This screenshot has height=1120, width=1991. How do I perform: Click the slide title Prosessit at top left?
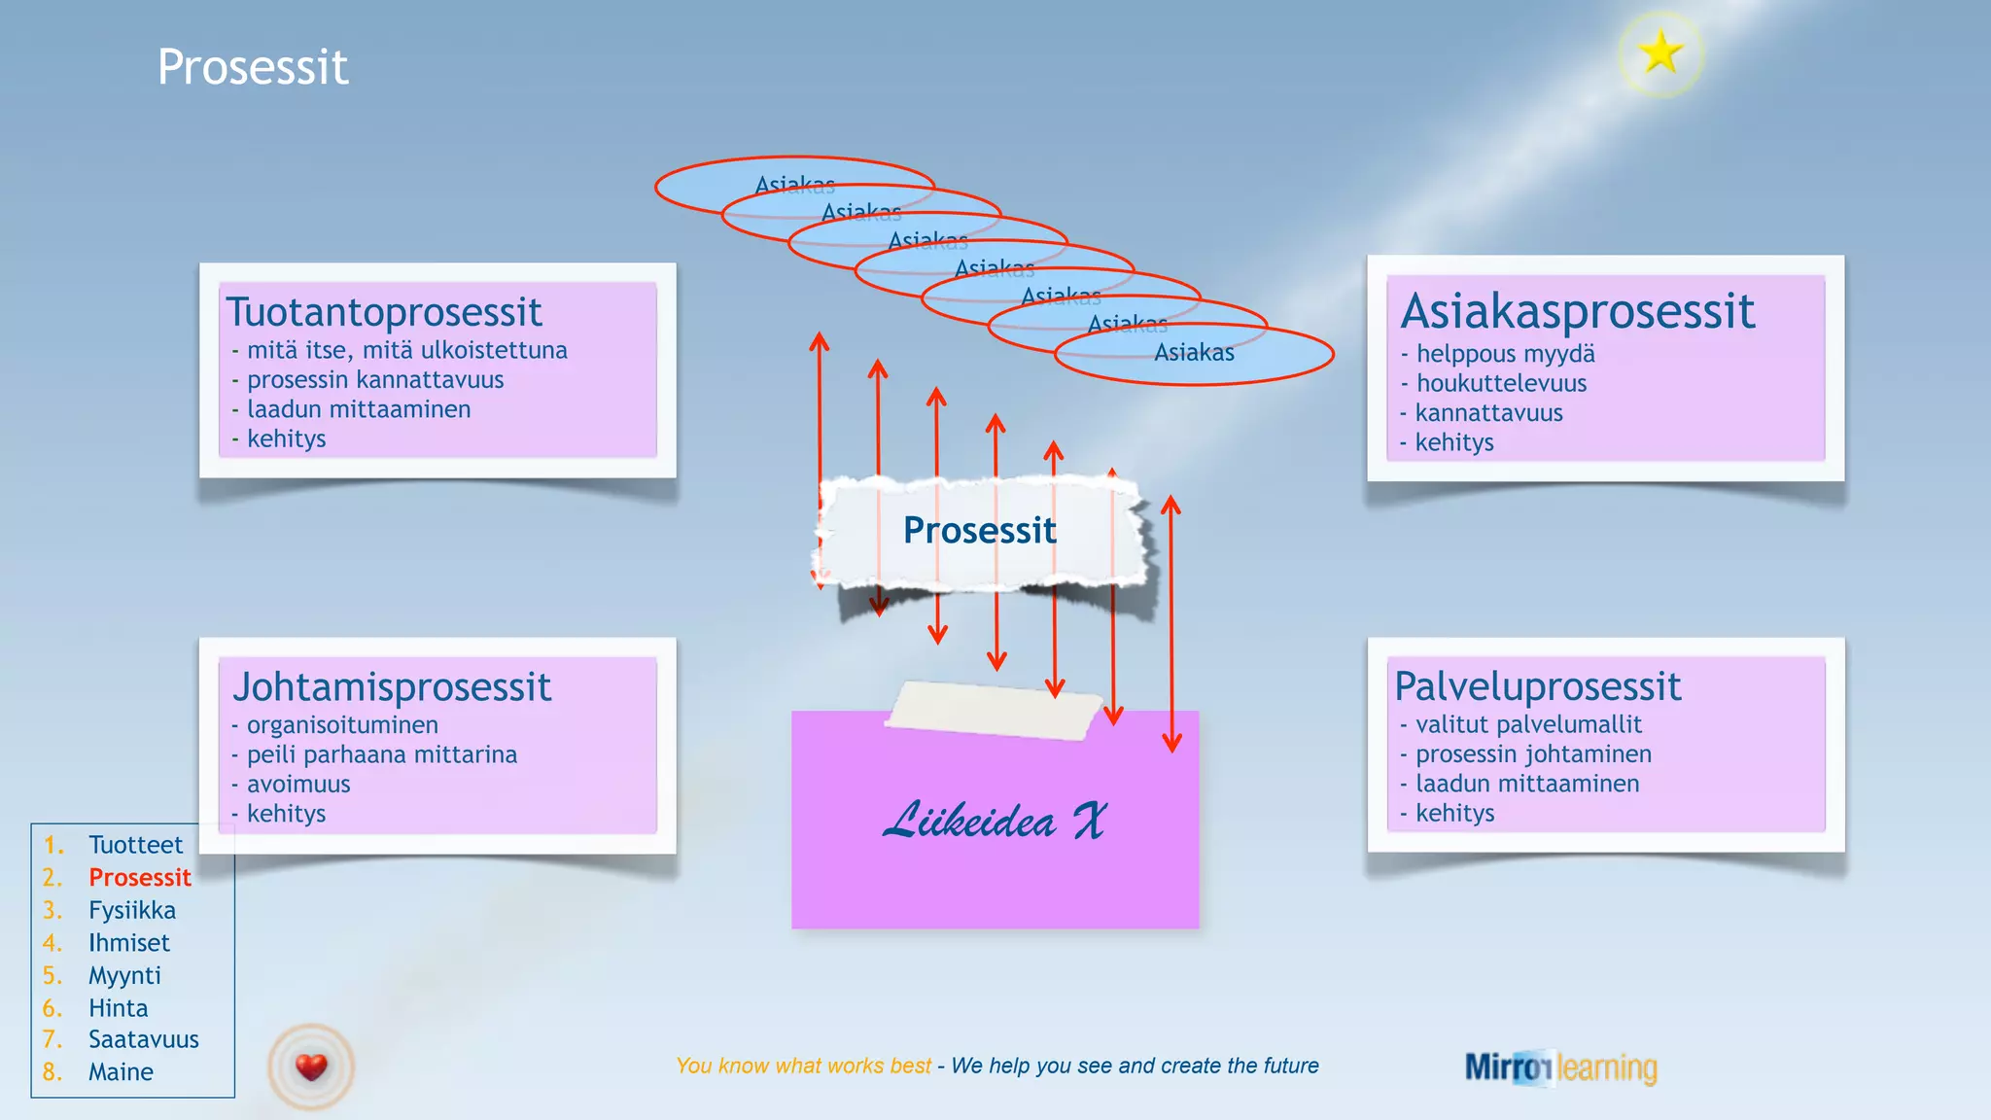coord(253,67)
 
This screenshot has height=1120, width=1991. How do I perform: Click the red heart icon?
coord(311,1067)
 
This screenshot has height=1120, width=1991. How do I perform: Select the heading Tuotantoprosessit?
coord(384,312)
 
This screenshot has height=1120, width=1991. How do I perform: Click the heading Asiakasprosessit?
coord(1577,311)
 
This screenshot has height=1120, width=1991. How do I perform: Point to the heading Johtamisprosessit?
coord(392,687)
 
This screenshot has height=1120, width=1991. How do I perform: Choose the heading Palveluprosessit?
coord(1537,686)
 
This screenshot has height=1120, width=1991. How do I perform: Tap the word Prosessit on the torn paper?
coord(979,530)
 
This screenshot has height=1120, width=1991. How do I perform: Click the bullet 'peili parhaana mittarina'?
coord(381,754)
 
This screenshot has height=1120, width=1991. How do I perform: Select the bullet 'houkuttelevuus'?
coord(1500,383)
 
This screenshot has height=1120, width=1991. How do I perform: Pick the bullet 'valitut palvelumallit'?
coord(1527,724)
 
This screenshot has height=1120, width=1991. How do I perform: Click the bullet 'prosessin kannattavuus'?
coord(374,379)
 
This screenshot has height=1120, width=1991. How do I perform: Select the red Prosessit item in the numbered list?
coord(139,877)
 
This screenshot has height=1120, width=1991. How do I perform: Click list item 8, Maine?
coord(121,1071)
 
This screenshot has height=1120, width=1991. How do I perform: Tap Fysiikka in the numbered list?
coord(132,910)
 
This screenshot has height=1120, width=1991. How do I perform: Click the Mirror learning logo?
coord(1560,1067)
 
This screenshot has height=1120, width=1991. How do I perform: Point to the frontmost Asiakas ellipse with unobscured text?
coord(1194,353)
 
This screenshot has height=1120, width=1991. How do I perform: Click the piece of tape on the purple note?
coord(994,710)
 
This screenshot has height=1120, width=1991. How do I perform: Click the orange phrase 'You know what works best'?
coord(803,1066)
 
